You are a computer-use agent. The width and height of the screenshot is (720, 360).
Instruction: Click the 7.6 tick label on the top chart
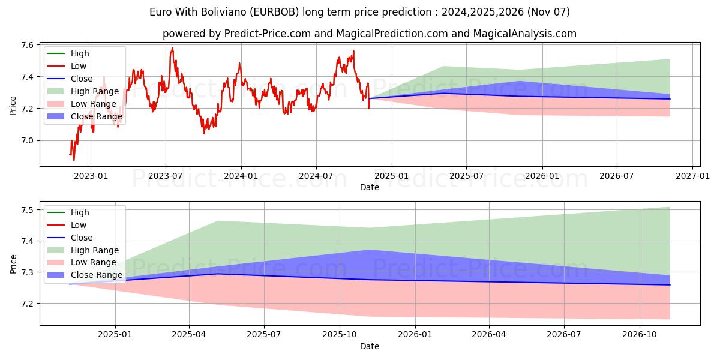pyautogui.click(x=28, y=45)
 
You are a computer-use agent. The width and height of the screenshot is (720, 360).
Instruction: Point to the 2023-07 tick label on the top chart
pyautogui.click(x=166, y=176)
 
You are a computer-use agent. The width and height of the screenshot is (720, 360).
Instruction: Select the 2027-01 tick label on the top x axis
pyautogui.click(x=692, y=176)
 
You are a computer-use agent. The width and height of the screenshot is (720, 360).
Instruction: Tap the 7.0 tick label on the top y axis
pyautogui.click(x=28, y=140)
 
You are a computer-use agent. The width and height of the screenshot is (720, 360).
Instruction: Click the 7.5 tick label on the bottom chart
pyautogui.click(x=28, y=210)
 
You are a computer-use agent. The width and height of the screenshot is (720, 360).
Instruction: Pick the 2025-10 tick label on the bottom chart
pyautogui.click(x=340, y=335)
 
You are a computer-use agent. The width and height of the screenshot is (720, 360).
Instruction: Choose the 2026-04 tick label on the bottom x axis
pyautogui.click(x=490, y=335)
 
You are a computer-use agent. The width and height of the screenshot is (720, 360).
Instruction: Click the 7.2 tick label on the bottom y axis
pyautogui.click(x=28, y=304)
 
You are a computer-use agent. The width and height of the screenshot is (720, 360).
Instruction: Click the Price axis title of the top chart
pyautogui.click(x=13, y=105)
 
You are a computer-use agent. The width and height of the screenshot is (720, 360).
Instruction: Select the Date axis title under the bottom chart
pyautogui.click(x=370, y=346)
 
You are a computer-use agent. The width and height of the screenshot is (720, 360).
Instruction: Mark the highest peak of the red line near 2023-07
pyautogui.click(x=172, y=48)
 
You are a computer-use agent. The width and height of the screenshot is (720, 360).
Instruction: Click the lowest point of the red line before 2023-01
pyautogui.click(x=74, y=160)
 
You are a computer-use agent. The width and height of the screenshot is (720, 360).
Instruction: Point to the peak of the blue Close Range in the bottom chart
pyautogui.click(x=370, y=250)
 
